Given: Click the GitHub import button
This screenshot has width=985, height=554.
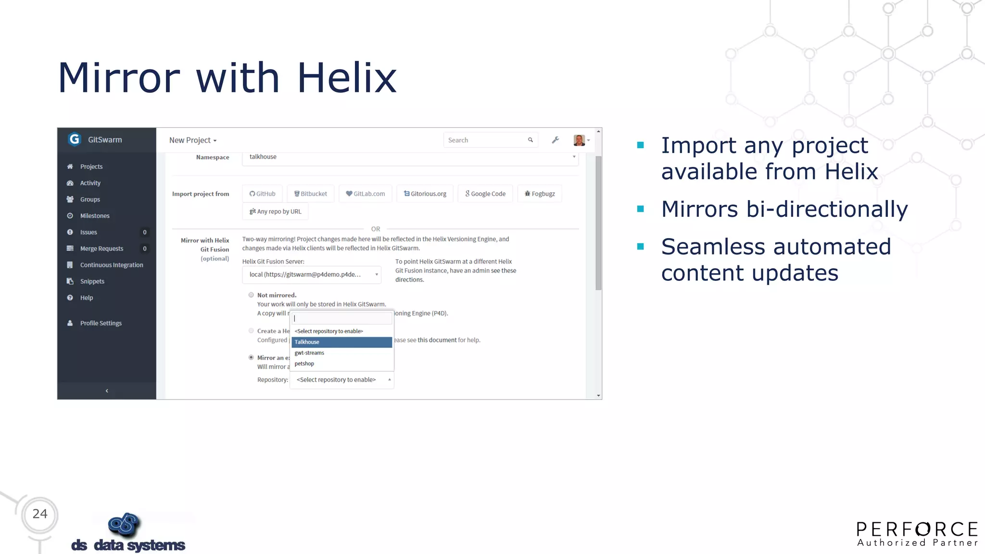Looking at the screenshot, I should pyautogui.click(x=263, y=194).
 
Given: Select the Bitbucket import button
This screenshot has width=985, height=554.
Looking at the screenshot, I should pyautogui.click(x=311, y=194).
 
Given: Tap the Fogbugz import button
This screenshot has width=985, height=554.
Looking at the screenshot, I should pyautogui.click(x=540, y=194).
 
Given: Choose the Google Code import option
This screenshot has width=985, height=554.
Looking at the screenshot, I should pyautogui.click(x=485, y=194).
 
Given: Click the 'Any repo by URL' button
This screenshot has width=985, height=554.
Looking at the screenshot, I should pyautogui.click(x=275, y=212).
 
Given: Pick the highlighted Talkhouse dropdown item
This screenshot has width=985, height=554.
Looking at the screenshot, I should pyautogui.click(x=341, y=342).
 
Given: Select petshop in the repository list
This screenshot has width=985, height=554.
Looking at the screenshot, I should pyautogui.click(x=304, y=364).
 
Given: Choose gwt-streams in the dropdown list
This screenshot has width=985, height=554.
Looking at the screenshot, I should pyautogui.click(x=309, y=353).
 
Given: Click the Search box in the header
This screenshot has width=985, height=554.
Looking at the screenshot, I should pyautogui.click(x=486, y=140).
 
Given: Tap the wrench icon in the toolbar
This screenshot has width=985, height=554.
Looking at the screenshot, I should pyautogui.click(x=556, y=140).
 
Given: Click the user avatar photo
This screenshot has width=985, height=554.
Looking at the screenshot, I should pyautogui.click(x=579, y=140).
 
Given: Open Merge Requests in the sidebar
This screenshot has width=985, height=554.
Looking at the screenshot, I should pyautogui.click(x=101, y=249).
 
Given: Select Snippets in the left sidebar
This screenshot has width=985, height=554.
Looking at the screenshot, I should pyautogui.click(x=92, y=281).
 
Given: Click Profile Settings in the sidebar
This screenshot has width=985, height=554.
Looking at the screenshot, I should pyautogui.click(x=101, y=323).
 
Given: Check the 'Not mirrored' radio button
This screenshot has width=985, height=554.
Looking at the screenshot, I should pyautogui.click(x=251, y=295).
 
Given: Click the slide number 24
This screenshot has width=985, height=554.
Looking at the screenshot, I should pyautogui.click(x=40, y=514).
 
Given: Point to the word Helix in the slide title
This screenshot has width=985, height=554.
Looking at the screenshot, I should pyautogui.click(x=347, y=78).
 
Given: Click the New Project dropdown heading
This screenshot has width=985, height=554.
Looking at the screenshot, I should pyautogui.click(x=192, y=140).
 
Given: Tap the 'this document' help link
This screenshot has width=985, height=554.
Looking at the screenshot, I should pyautogui.click(x=437, y=340).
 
